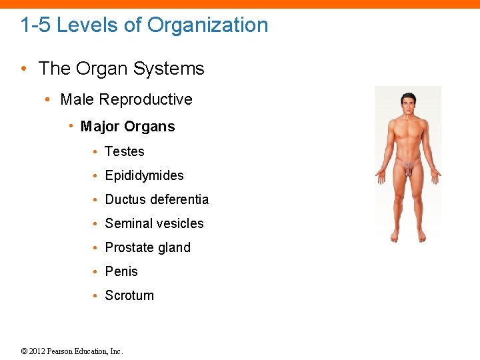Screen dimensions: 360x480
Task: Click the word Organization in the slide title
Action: (x=207, y=25)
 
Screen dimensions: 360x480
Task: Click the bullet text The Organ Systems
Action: (x=121, y=69)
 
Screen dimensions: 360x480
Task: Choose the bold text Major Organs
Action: (x=127, y=127)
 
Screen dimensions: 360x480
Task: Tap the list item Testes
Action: (x=125, y=152)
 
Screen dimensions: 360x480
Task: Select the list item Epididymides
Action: (x=144, y=176)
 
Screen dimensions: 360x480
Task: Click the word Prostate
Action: (x=129, y=248)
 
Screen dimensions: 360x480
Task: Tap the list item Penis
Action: (x=121, y=272)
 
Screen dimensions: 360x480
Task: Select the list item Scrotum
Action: (x=129, y=296)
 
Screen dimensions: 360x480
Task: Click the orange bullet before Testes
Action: (x=97, y=152)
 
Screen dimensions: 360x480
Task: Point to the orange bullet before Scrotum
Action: (x=97, y=296)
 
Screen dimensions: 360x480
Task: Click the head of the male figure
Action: (x=407, y=103)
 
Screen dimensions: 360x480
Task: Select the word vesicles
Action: (x=181, y=224)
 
